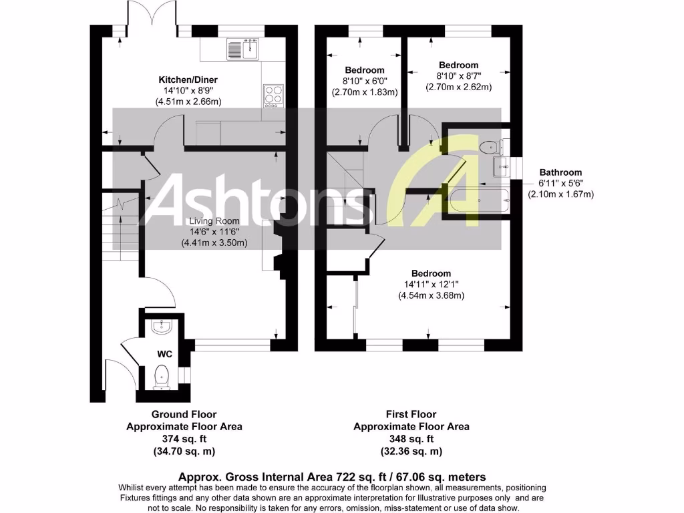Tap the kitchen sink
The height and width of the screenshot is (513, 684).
(243, 48)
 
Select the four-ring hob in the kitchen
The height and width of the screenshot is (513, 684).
(273, 95)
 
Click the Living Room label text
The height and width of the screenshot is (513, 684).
(214, 221)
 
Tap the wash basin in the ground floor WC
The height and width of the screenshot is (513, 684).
(162, 326)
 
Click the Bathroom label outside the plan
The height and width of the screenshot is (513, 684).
(560, 172)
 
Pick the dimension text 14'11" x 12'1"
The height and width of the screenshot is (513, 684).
(431, 285)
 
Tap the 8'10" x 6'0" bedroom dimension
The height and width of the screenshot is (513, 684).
(364, 81)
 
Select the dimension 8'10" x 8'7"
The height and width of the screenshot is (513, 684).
(458, 76)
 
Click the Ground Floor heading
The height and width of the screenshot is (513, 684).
(184, 414)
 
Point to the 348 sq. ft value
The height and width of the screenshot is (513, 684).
(411, 439)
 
